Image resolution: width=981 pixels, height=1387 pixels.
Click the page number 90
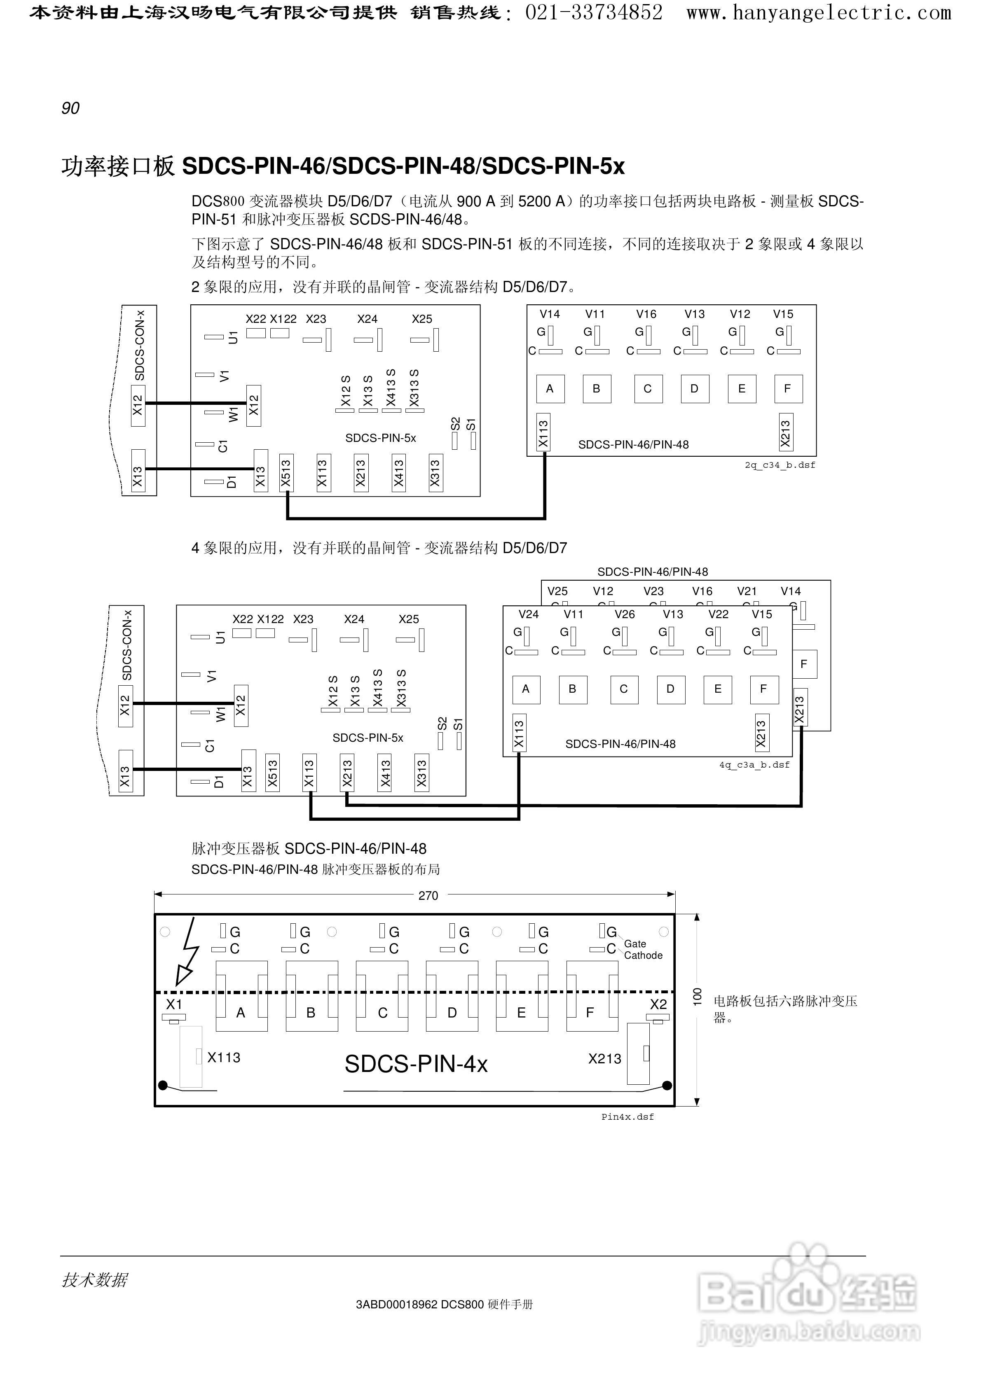click(x=70, y=108)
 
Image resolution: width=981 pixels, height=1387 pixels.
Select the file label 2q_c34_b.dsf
click(x=780, y=465)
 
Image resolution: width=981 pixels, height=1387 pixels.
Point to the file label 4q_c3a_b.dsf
click(x=754, y=765)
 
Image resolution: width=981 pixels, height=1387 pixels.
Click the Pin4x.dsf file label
click(x=627, y=1117)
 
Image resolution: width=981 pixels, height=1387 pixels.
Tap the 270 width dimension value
click(x=428, y=896)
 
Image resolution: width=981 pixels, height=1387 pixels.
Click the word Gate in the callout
click(x=634, y=943)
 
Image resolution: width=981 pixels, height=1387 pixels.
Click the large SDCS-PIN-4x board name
click(x=416, y=1064)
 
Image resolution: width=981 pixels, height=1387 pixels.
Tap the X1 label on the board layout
click(x=174, y=1004)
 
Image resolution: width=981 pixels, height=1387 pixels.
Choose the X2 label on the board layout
click(x=658, y=1004)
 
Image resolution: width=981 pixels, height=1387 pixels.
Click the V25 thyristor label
click(x=557, y=591)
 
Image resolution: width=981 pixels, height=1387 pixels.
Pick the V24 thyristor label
click(x=528, y=614)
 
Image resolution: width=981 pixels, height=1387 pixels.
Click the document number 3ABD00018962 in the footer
click(x=396, y=1304)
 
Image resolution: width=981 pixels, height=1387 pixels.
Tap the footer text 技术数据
click(x=94, y=1280)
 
